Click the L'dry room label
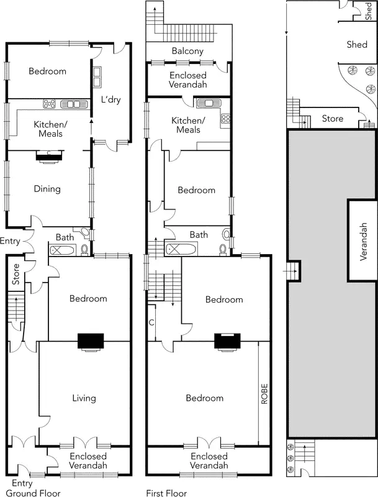pos(110,100)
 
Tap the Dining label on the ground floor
pos(47,189)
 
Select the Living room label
pos(84,398)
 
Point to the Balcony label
pos(188,52)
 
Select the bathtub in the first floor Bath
pos(180,248)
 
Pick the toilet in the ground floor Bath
pos(85,250)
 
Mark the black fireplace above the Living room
pos(91,342)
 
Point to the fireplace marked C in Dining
pos(48,155)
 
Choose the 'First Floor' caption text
pos(166,493)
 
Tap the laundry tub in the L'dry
pos(97,76)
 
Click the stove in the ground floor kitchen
pos(50,104)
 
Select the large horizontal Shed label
pos(356,45)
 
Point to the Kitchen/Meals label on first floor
pos(188,125)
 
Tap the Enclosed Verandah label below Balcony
pos(188,80)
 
